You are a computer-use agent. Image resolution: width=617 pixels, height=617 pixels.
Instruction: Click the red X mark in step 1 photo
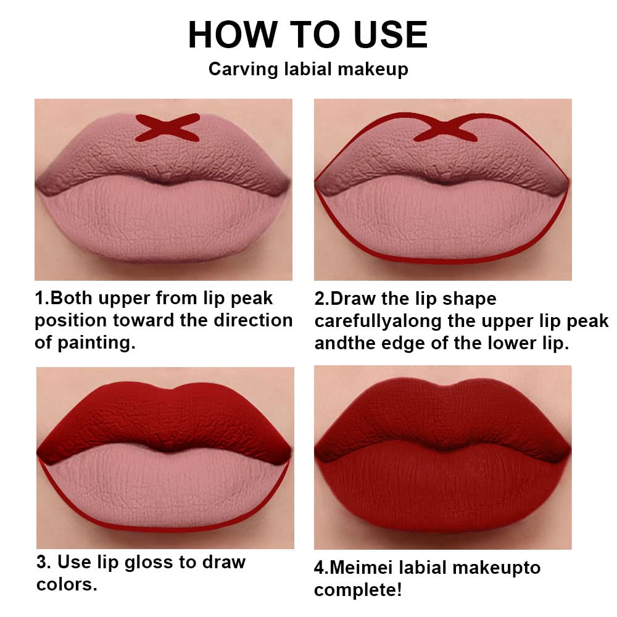(168, 127)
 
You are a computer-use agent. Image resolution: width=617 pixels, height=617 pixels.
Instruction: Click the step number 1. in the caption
(42, 299)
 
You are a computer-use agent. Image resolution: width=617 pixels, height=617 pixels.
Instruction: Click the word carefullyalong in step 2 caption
(387, 321)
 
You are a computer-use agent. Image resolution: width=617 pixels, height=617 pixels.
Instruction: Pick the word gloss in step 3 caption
(162, 562)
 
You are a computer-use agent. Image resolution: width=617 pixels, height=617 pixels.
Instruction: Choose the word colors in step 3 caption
(67, 584)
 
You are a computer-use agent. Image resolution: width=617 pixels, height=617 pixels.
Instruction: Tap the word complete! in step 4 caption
(358, 589)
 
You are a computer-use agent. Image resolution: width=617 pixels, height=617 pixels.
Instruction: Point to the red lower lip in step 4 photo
(441, 494)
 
